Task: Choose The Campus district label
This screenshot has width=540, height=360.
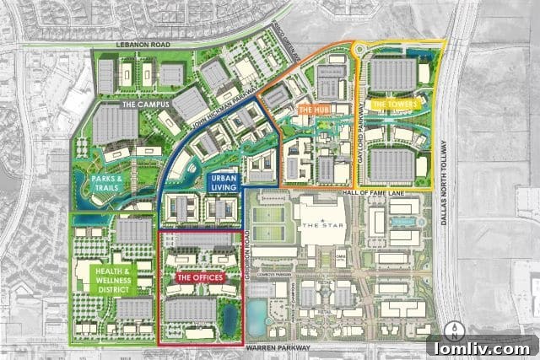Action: tap(145, 105)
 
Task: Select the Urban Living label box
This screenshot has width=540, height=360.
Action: tap(223, 183)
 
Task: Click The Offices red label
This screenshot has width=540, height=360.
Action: tap(200, 277)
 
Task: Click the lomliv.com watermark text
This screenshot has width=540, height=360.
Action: tap(479, 347)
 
